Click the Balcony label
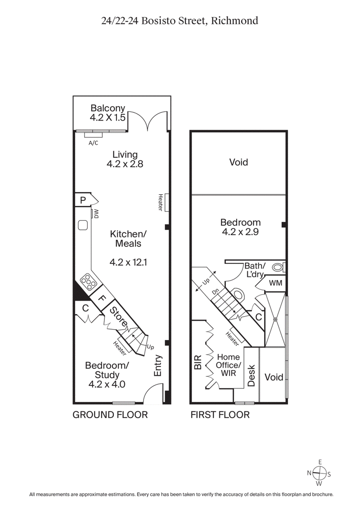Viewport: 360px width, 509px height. [x=108, y=108]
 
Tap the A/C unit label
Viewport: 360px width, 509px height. [x=93, y=143]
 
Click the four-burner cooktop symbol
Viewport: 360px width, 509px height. [x=89, y=282]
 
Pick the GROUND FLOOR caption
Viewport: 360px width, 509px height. [x=110, y=414]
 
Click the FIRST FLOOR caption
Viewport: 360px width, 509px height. [x=220, y=414]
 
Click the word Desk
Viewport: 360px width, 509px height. [x=252, y=375]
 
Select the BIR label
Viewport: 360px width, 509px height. [x=197, y=363]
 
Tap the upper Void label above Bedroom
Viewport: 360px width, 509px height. [x=238, y=162]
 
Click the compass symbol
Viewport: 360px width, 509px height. [x=320, y=473]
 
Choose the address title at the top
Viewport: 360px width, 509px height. [x=180, y=21]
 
